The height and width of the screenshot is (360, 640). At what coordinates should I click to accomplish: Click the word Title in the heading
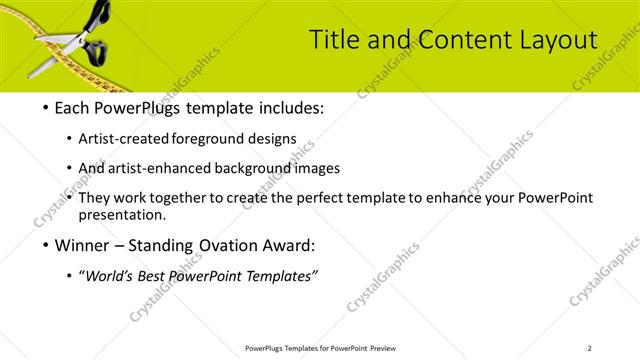(333, 39)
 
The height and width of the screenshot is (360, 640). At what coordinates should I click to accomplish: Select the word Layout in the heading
(556, 39)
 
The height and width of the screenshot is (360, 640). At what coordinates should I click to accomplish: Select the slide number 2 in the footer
(589, 348)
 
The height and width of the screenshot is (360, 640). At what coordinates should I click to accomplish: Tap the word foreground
(207, 138)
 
